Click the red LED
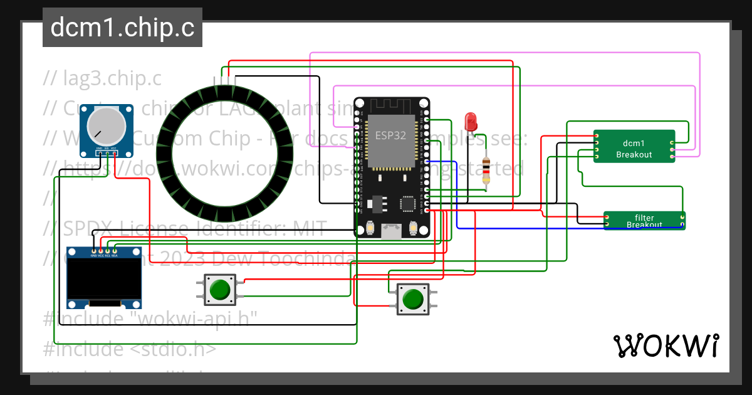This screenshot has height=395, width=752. pos(471,121)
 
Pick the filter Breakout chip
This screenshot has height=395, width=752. pos(644,221)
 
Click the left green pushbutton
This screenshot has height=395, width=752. pos(219,290)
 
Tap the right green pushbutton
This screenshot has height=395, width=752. pos(412,299)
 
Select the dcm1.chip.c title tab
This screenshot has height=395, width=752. pos(122,28)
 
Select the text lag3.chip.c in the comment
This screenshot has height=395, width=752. pos(112,78)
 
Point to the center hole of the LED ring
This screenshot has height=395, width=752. pos(225,149)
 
